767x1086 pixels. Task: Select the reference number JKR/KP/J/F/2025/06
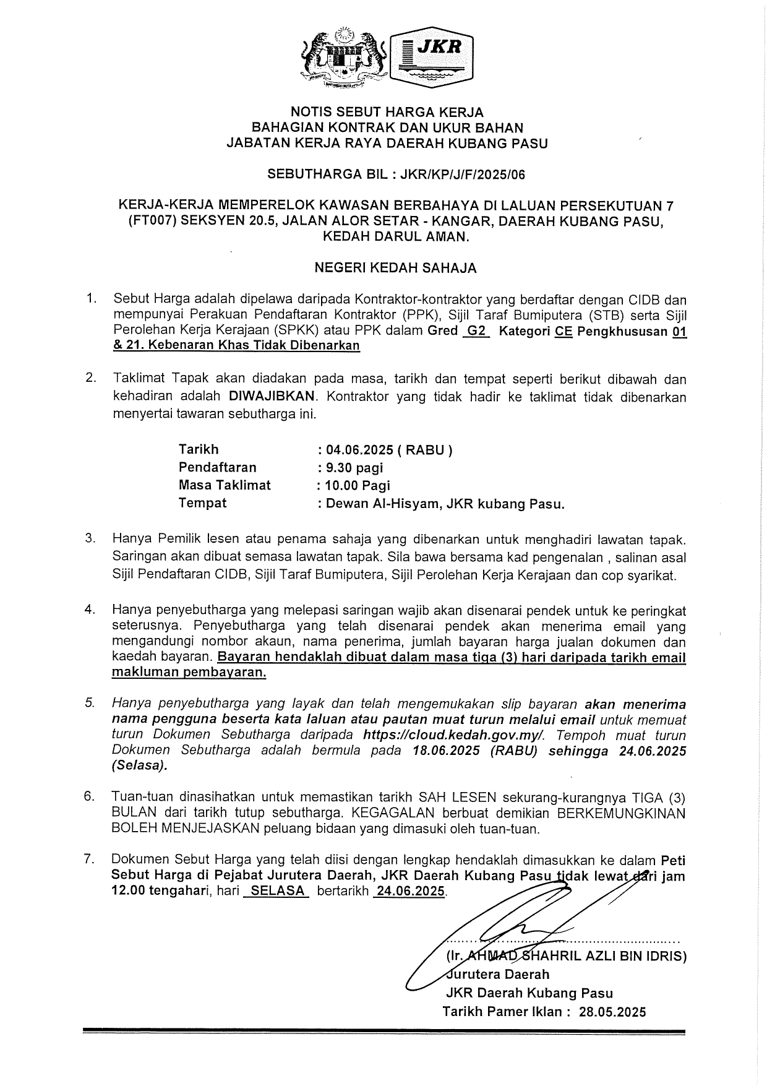pyautogui.click(x=462, y=175)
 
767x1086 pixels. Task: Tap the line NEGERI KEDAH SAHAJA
pyautogui.click(x=396, y=268)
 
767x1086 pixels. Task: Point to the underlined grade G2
pyautogui.click(x=476, y=331)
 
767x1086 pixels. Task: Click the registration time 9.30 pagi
pyautogui.click(x=353, y=467)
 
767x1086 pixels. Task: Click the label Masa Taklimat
pyautogui.click(x=225, y=485)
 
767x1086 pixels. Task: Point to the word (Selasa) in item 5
pyautogui.click(x=139, y=765)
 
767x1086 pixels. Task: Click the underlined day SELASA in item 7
pyautogui.click(x=276, y=891)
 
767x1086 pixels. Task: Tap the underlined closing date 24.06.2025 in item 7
pyautogui.click(x=410, y=891)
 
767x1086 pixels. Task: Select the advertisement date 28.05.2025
pyautogui.click(x=612, y=1012)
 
